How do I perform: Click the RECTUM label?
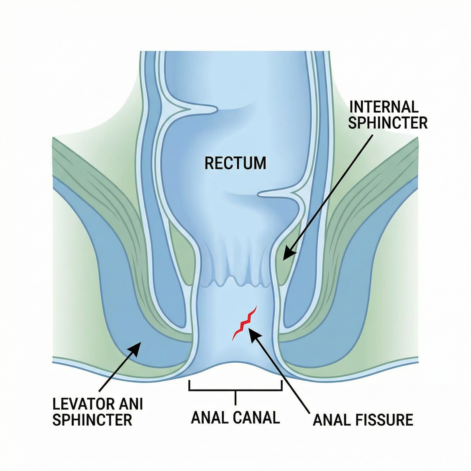pyautogui.click(x=235, y=163)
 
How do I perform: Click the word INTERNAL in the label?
pyautogui.click(x=384, y=107)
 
